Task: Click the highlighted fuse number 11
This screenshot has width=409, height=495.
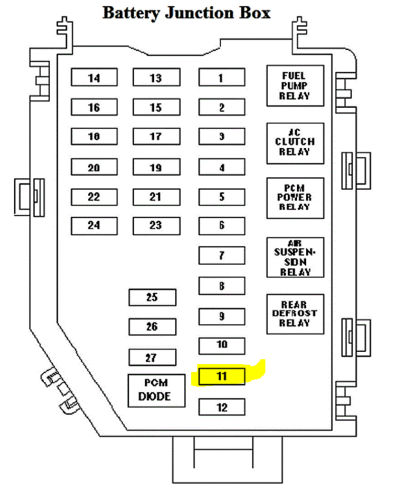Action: (222, 376)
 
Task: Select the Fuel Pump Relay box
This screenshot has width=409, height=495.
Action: (295, 86)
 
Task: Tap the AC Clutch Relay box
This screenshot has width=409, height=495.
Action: (295, 142)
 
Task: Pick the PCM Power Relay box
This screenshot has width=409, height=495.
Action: (295, 198)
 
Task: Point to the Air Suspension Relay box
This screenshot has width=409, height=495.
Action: (295, 257)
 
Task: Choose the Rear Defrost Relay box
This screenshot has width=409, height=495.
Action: (295, 314)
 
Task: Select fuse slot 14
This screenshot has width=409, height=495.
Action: (94, 77)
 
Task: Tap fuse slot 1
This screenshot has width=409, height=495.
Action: (222, 77)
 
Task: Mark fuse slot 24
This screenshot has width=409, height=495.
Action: (94, 225)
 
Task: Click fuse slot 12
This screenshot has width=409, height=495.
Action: (222, 407)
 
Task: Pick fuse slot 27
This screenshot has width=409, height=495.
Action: (152, 357)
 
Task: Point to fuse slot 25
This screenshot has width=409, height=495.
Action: (152, 297)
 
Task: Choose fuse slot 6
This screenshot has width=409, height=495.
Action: (222, 225)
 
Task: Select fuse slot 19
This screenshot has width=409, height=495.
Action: (156, 167)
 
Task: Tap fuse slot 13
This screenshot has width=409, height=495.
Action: (156, 77)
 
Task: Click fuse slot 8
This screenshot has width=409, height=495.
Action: (222, 285)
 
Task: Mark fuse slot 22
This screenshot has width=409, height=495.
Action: (94, 197)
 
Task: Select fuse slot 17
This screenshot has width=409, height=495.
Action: (156, 136)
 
